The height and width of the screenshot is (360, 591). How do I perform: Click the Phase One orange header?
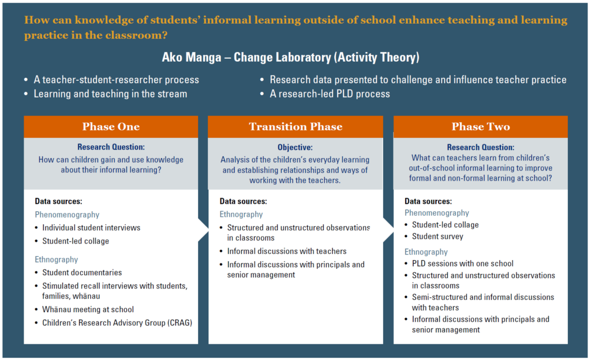(111, 126)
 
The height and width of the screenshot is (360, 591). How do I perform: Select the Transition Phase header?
(295, 126)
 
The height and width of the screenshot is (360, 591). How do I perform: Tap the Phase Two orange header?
(481, 126)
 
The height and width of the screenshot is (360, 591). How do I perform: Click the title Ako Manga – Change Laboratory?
(291, 57)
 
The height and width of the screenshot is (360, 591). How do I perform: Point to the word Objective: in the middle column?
(295, 147)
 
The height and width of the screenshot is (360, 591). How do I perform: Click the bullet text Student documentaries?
(82, 272)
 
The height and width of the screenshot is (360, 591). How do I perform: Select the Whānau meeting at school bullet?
(88, 309)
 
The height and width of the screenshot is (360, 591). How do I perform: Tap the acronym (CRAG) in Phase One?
(180, 322)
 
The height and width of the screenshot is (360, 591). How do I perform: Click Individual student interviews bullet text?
(91, 227)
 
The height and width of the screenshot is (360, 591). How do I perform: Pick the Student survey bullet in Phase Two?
(437, 237)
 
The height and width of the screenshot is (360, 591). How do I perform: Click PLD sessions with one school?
(462, 264)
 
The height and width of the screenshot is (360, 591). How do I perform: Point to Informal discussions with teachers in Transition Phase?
(287, 251)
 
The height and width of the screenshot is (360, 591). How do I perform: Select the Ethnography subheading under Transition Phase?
(241, 214)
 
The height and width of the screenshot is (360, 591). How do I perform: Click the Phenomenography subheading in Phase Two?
(437, 213)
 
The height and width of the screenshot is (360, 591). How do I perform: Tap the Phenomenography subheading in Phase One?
(67, 215)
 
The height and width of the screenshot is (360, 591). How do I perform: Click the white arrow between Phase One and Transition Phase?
(203, 230)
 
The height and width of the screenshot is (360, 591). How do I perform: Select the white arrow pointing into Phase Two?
(388, 230)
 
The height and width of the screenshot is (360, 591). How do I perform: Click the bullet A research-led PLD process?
(330, 94)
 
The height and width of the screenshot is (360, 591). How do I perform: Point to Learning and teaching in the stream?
(110, 94)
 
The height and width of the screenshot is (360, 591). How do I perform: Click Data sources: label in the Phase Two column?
(428, 201)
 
